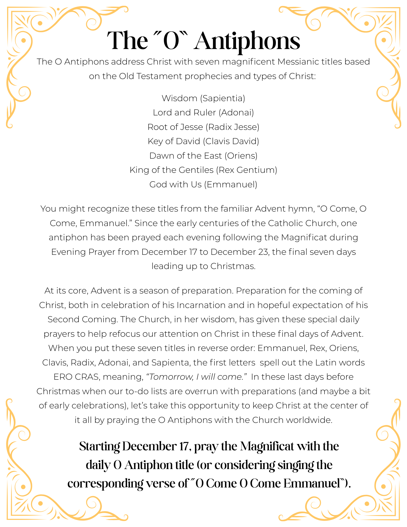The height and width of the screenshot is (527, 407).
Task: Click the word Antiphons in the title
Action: pyautogui.click(x=247, y=41)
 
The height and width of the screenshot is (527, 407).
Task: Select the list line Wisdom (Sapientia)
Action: pyautogui.click(x=203, y=98)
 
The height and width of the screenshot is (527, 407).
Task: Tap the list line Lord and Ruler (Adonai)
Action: pyautogui.click(x=203, y=113)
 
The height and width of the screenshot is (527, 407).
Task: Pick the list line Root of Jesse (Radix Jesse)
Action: pyautogui.click(x=203, y=127)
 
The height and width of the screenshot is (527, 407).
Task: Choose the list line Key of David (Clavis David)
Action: pyautogui.click(x=203, y=141)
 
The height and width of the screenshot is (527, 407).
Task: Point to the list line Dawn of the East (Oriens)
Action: pyautogui.click(x=203, y=156)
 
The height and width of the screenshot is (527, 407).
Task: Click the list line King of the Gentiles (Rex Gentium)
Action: pyautogui.click(x=203, y=170)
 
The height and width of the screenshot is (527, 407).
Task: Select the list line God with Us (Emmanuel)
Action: pyautogui.click(x=203, y=184)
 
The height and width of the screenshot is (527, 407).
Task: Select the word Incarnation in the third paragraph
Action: pyautogui.click(x=201, y=305)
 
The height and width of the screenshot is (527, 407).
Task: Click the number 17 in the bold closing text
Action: pyautogui.click(x=184, y=446)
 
